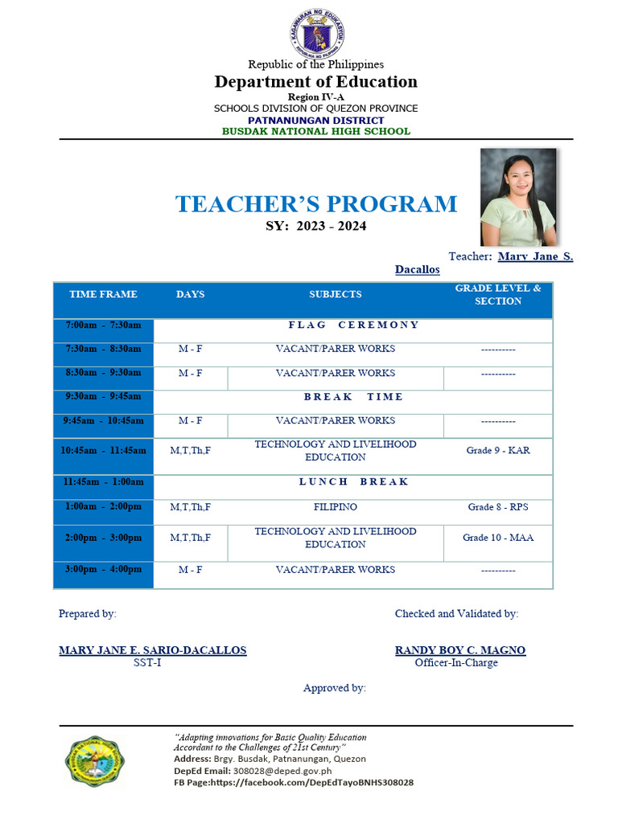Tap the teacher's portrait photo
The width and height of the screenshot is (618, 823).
coord(518,197)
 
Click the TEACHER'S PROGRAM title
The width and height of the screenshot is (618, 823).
coord(316,204)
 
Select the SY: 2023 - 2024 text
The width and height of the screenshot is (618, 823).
coord(316,227)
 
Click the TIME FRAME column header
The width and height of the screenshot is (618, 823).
coord(103,295)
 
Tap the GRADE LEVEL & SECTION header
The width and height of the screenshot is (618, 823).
coord(498,295)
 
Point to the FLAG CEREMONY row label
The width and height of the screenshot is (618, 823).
coord(353,326)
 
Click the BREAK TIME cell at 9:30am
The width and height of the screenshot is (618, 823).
coord(353,397)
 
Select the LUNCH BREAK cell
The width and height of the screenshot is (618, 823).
coord(353,482)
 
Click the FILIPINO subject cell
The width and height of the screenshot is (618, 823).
coord(336,508)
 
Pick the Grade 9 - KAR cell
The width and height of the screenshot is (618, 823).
coord(498,451)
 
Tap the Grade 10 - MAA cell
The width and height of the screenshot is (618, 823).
coord(498,538)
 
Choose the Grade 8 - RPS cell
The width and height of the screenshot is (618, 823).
coord(498,508)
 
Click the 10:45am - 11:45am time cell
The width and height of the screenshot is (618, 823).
coord(103,451)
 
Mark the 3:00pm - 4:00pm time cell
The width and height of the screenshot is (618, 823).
coord(103,570)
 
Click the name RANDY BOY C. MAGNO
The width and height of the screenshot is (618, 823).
coord(459,650)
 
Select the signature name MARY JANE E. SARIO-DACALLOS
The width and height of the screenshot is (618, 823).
coord(153,650)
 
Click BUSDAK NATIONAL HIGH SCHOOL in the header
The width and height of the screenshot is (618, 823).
coord(316,131)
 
